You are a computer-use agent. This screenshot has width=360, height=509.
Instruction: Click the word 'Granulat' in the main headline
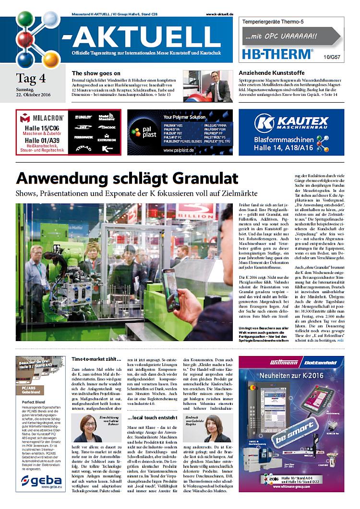pyautogui.click(x=197, y=178)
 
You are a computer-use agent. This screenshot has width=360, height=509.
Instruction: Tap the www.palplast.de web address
pyautogui.click(x=179, y=150)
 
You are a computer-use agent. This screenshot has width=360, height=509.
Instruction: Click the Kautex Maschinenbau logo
pyautogui.click(x=291, y=123)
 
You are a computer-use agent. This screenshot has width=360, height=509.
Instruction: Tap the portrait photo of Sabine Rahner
pyautogui.click(x=87, y=428)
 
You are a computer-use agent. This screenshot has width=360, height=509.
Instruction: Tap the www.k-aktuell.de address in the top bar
pyautogui.click(x=219, y=15)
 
